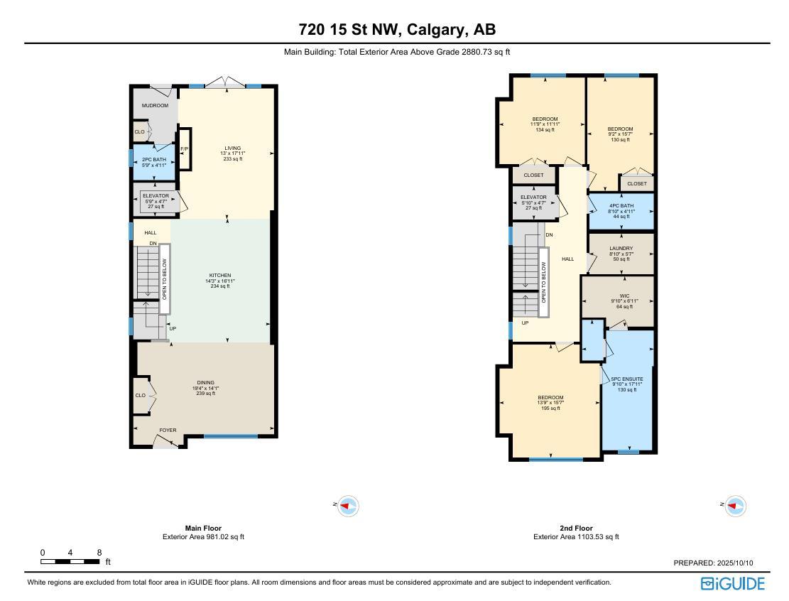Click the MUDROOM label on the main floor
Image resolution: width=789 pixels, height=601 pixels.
[155, 106]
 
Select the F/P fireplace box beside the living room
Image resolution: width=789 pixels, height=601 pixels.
[184, 149]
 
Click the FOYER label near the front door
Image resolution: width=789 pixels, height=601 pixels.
[168, 430]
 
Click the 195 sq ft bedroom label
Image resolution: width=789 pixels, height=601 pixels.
[550, 403]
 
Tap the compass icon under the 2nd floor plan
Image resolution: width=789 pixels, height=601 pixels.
[735, 507]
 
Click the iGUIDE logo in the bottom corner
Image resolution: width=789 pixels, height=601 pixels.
[733, 584]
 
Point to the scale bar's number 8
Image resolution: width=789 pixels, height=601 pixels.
[99, 553]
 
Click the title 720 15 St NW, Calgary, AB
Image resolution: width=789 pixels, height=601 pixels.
[397, 30]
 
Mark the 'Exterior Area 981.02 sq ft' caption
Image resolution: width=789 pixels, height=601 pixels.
[203, 537]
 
